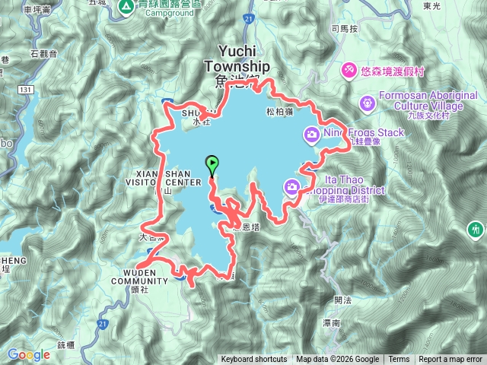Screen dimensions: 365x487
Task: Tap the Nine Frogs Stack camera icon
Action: click(311, 135)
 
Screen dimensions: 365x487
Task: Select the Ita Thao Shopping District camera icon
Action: click(292, 186)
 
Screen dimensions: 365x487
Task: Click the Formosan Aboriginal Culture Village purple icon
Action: click(368, 101)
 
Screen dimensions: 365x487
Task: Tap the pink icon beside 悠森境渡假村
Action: click(349, 69)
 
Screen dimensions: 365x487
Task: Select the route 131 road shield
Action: click(27, 90)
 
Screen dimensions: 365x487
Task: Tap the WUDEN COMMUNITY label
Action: click(139, 275)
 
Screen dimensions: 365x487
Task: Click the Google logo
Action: click(29, 354)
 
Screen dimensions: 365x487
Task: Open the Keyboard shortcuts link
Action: click(254, 360)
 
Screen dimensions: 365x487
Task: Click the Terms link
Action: click(399, 360)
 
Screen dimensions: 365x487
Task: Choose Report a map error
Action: click(451, 360)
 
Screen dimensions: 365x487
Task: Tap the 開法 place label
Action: click(342, 300)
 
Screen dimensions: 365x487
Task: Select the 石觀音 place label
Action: click(44, 53)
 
